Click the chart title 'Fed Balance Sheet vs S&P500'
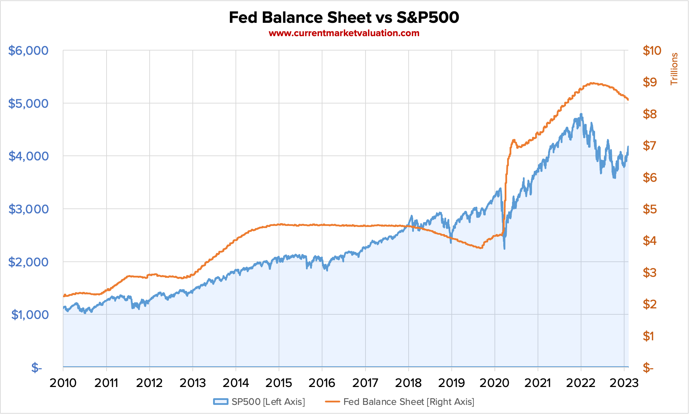(344, 18)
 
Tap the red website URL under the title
(344, 33)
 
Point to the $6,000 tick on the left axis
(28, 51)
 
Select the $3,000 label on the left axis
(28, 209)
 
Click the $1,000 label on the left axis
(30, 315)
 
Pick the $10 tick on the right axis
(652, 51)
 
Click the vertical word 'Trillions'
(674, 69)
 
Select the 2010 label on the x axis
(63, 383)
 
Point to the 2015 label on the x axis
(279, 383)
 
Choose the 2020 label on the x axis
(494, 383)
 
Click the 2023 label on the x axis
(624, 383)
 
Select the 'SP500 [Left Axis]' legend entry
(259, 402)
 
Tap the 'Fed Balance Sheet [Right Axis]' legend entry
(400, 402)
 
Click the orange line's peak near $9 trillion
(592, 83)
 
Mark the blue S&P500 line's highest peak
(581, 114)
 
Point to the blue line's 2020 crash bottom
(504, 248)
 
